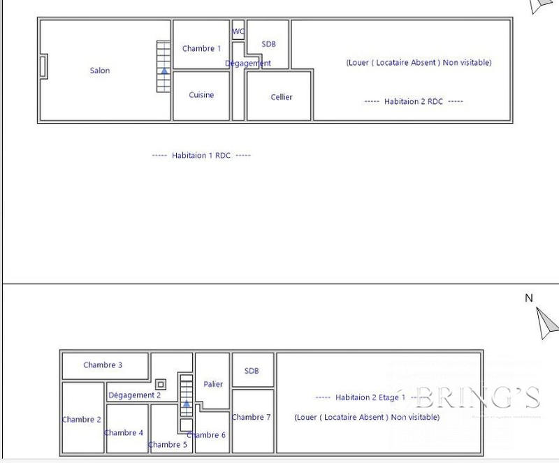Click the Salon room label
(100, 71)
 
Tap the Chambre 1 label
(201, 49)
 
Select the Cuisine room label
(201, 95)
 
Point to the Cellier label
(281, 97)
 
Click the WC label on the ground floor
(238, 31)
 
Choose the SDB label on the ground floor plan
(268, 44)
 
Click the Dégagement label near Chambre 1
(248, 64)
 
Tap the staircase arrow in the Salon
(164, 71)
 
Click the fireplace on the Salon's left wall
(43, 67)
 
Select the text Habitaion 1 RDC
(201, 156)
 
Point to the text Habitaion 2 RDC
(414, 102)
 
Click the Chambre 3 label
(103, 365)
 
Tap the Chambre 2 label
(82, 420)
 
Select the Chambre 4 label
(124, 433)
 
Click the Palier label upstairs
(213, 384)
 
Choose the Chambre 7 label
(251, 418)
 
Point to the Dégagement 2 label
(134, 395)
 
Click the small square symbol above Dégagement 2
(161, 384)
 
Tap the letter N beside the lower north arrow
(529, 298)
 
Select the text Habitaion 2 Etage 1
(370, 397)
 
